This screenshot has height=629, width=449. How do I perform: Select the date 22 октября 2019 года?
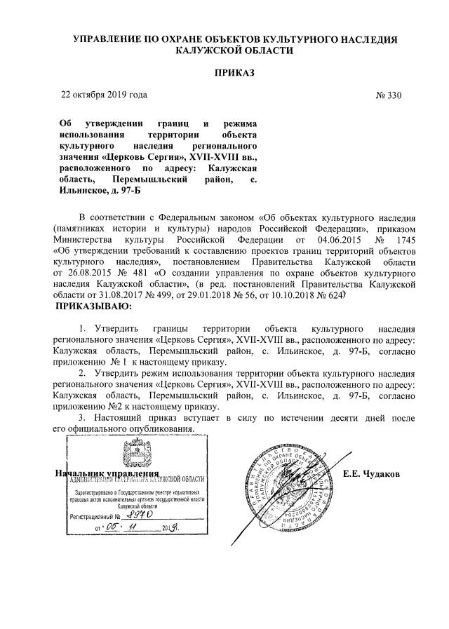pos(105,95)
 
